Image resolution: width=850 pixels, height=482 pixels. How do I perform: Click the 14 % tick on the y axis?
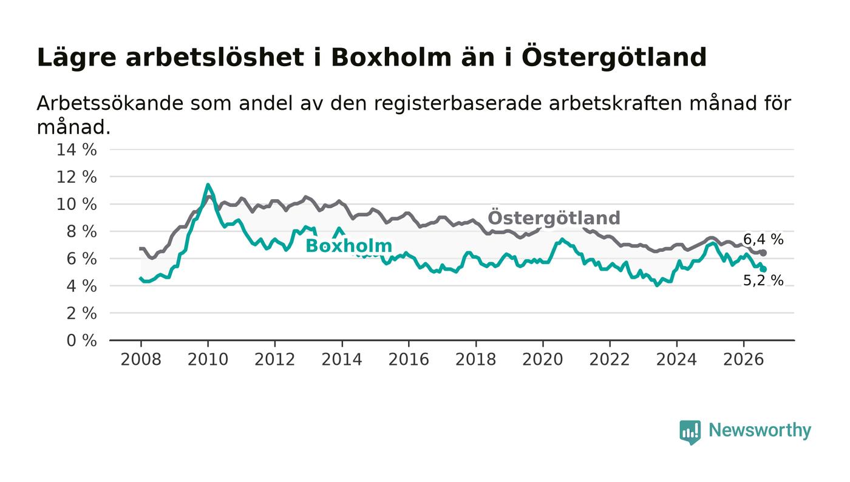(76, 149)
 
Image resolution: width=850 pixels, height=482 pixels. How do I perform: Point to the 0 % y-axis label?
(81, 341)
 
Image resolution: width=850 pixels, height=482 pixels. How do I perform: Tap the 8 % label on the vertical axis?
(81, 231)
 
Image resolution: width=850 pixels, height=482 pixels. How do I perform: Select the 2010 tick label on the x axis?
(208, 359)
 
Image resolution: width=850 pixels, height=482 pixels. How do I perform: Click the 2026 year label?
(743, 359)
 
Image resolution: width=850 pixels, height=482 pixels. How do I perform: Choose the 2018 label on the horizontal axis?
(475, 359)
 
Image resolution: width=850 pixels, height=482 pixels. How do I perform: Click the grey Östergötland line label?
(554, 218)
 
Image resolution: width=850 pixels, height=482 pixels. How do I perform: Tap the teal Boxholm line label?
(348, 246)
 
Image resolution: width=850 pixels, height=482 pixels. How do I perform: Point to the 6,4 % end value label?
(763, 239)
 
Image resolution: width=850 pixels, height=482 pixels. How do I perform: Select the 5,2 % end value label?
(763, 280)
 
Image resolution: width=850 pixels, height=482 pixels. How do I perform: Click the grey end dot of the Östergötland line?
(764, 253)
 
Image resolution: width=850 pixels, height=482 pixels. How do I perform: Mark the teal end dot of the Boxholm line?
(764, 269)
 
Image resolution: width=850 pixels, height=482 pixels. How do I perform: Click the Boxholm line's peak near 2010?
(208, 185)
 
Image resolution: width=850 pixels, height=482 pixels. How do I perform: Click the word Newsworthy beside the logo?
(760, 431)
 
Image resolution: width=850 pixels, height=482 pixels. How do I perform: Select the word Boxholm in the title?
(391, 57)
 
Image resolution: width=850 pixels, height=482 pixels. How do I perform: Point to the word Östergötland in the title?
(614, 57)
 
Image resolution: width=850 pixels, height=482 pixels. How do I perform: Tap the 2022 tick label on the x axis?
(610, 359)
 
